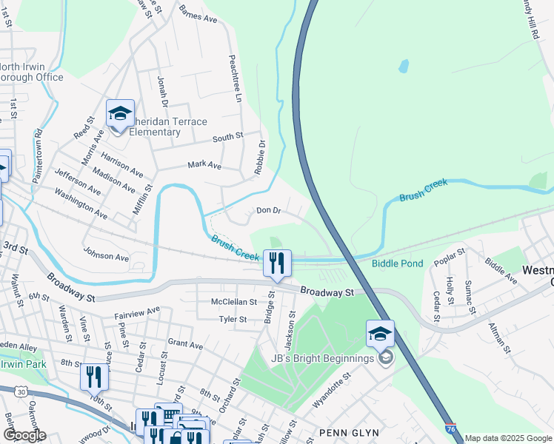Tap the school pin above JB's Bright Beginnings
380,334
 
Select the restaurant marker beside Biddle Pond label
277,263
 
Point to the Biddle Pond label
397,263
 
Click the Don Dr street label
268,211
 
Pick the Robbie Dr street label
259,157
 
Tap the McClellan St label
233,302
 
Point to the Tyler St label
233,320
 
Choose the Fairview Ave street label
137,314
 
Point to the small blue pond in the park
403,66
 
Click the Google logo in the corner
24,435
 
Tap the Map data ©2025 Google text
509,438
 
